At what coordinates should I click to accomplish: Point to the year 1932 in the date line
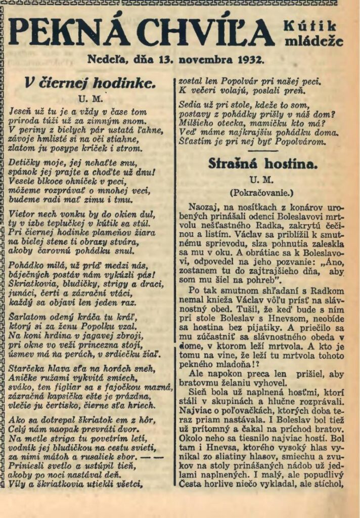tap(249, 59)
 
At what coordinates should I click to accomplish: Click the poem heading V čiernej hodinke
tap(90, 82)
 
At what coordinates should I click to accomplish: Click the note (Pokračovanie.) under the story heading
tap(261, 193)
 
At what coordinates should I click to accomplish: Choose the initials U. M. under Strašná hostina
tap(261, 180)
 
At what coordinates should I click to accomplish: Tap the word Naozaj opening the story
tap(201, 207)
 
